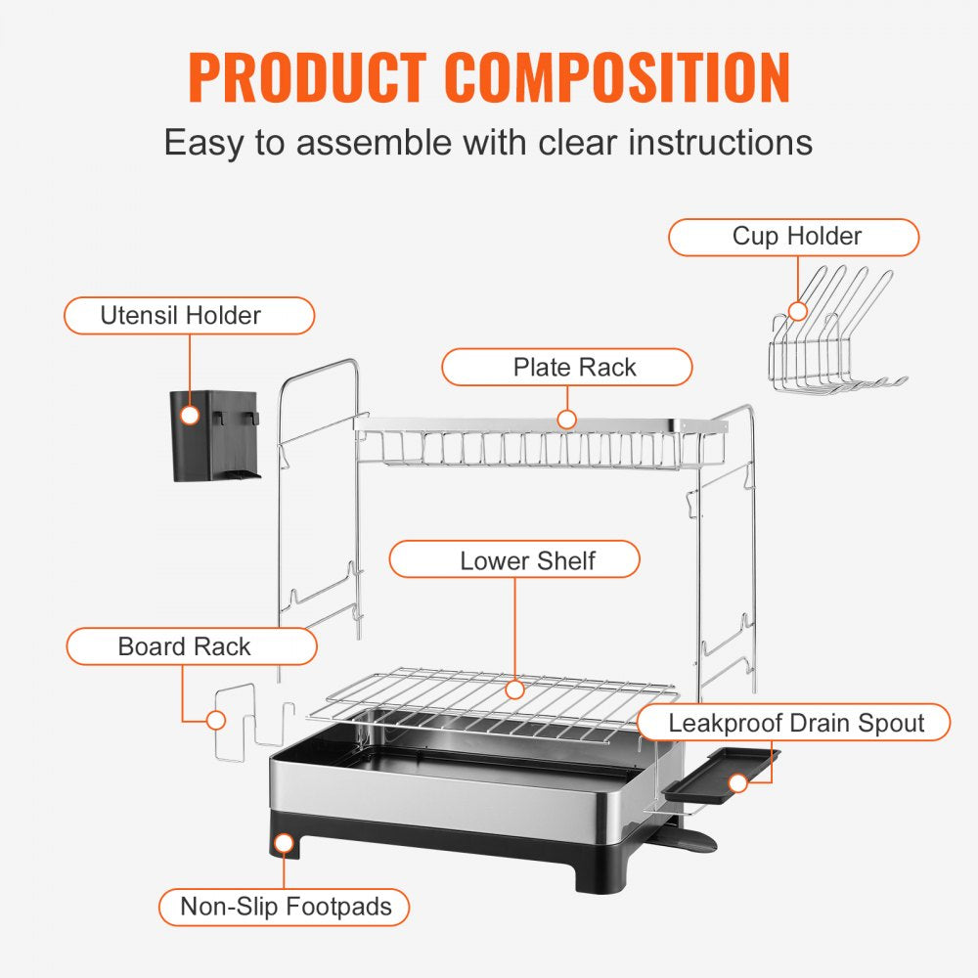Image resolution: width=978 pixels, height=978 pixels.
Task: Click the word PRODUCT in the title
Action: tap(307, 77)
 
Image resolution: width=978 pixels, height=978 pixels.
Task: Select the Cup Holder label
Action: tap(796, 237)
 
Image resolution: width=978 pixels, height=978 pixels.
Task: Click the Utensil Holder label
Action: tap(181, 316)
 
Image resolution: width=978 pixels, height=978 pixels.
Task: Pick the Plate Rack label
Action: tap(574, 368)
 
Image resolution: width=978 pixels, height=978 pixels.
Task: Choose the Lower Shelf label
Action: tap(527, 560)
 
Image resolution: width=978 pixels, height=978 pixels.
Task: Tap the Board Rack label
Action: tap(184, 646)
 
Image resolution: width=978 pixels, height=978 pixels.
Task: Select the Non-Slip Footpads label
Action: tap(286, 907)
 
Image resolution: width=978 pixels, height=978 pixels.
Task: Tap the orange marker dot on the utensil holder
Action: tap(190, 416)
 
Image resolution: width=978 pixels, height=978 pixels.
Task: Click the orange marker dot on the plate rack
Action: tap(566, 420)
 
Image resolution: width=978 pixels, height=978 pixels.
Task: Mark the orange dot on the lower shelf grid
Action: tap(514, 689)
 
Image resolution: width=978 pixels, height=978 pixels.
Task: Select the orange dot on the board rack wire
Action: tap(216, 721)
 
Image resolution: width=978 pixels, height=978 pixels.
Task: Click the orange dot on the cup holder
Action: tap(798, 311)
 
